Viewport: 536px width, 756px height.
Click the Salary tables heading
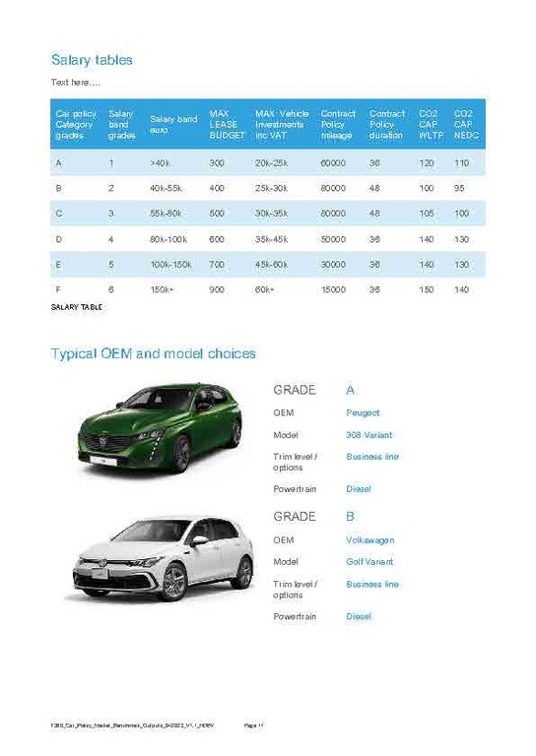pos(91,60)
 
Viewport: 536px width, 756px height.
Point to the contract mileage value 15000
pos(333,290)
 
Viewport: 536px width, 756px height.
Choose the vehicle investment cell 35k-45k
pos(271,239)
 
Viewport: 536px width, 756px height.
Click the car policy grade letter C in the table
pos(59,213)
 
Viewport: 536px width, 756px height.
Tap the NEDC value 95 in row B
pos(459,187)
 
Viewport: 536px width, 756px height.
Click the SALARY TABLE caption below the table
pos(76,307)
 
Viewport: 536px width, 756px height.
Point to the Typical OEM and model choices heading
pos(153,353)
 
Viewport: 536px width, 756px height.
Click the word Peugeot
pos(363,412)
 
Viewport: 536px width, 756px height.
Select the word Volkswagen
pos(369,539)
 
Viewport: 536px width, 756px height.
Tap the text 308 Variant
pos(368,434)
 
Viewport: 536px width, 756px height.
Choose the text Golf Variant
pos(369,561)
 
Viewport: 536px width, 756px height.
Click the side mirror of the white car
pos(199,539)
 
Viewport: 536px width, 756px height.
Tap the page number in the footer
pos(253,725)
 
